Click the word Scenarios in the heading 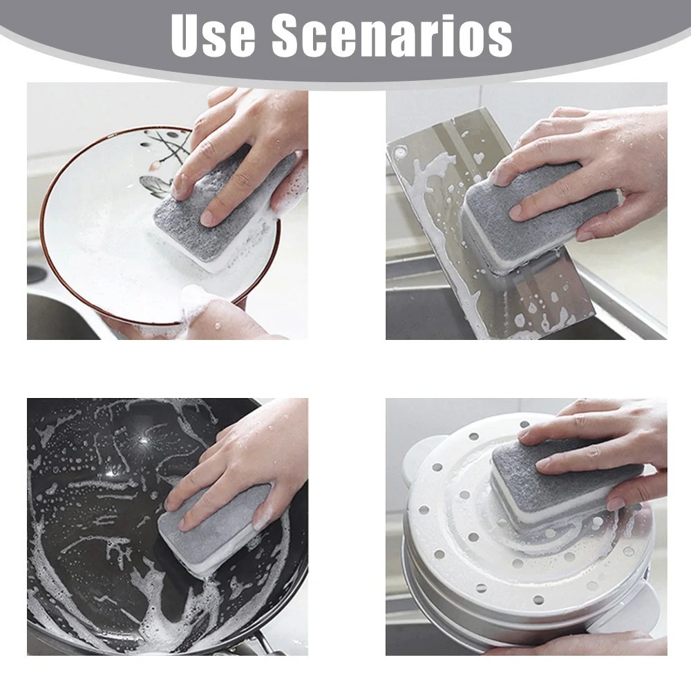pyautogui.click(x=392, y=36)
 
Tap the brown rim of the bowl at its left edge pyautogui.click(x=44, y=220)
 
